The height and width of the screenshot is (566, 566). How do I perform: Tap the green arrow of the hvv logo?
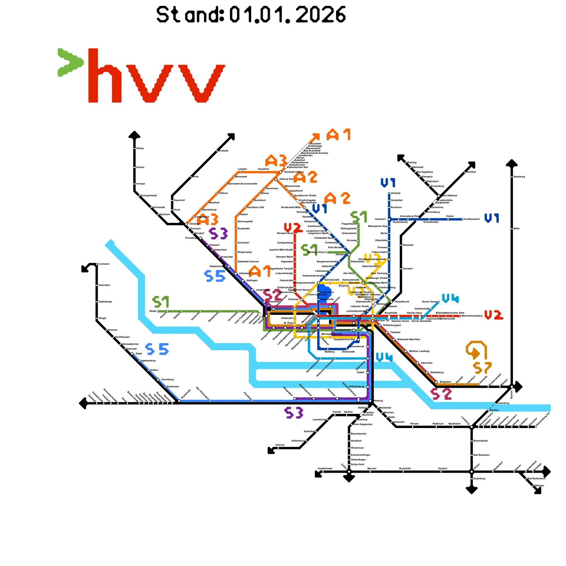tap(70, 63)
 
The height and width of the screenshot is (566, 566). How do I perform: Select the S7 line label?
tap(483, 368)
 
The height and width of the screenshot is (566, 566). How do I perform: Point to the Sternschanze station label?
tap(284, 309)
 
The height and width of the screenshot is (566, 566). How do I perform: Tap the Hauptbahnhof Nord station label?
tap(339, 316)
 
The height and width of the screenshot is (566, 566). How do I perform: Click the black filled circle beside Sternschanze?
tap(269, 309)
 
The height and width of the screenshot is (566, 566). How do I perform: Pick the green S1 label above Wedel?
tap(161, 302)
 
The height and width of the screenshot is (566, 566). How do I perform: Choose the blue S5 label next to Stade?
tap(157, 349)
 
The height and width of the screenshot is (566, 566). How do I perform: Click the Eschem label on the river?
tap(494, 410)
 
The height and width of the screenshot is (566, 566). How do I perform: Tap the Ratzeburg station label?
tap(519, 177)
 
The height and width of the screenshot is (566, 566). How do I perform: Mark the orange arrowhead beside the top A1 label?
tap(316, 137)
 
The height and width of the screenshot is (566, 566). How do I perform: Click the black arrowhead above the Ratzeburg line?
tap(512, 163)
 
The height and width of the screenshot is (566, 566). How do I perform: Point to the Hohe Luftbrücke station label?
tap(316, 295)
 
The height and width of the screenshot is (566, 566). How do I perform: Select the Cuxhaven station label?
tap(104, 264)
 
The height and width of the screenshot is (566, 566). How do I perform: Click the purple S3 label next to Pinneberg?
tap(219, 233)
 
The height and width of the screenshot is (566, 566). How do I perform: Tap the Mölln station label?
tap(516, 229)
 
